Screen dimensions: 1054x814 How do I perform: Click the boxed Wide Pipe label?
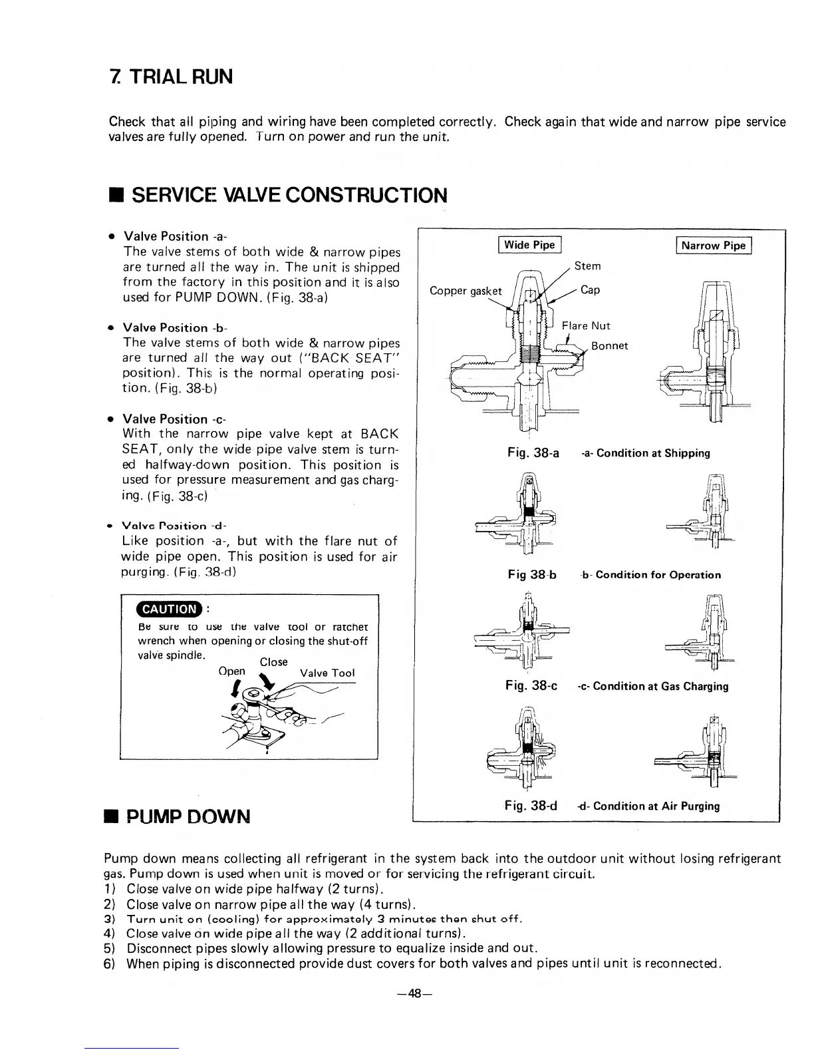pos(529,245)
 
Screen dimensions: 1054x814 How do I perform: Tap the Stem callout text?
pos(587,266)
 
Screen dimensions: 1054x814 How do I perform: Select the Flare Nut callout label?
pos(585,325)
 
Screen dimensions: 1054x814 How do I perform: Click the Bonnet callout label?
pos(609,346)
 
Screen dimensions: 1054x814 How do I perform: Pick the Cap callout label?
pos(590,290)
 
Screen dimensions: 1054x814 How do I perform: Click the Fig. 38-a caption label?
pos(533,453)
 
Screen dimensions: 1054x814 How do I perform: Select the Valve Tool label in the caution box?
pos(327,673)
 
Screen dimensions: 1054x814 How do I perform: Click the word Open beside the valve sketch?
pos(231,671)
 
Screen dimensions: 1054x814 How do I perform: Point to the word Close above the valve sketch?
pos(273,661)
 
